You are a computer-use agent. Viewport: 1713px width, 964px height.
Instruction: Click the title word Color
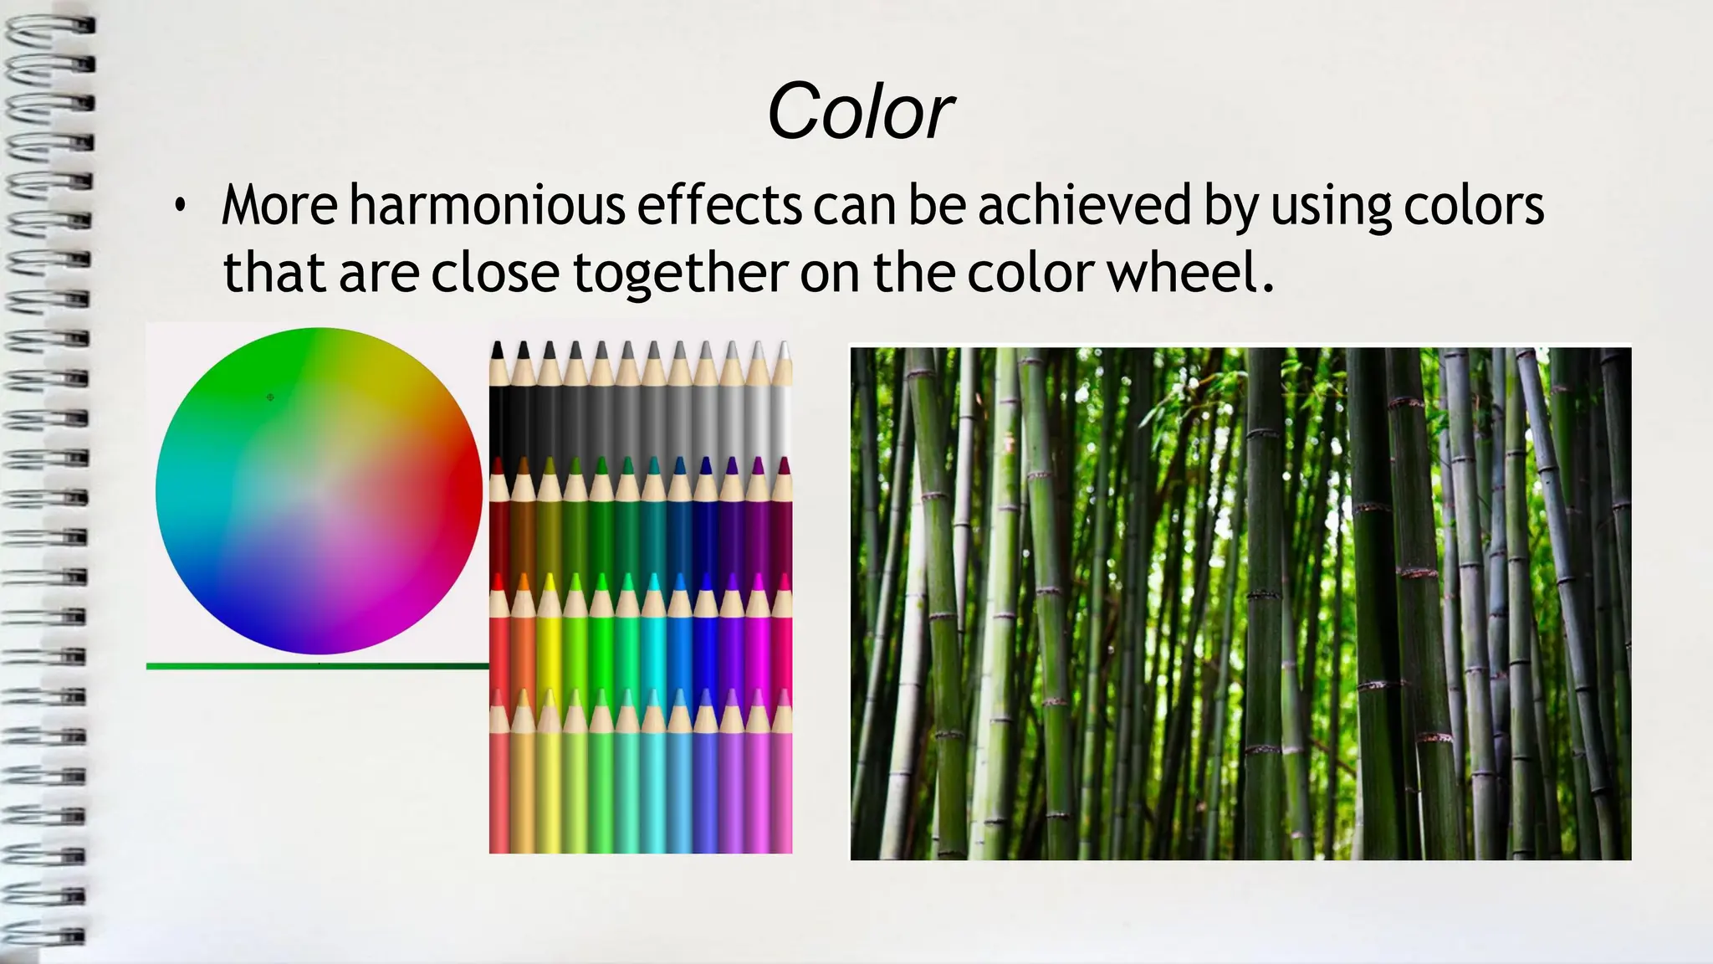pos(860,112)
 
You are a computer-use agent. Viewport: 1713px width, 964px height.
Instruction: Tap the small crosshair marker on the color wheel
pos(270,397)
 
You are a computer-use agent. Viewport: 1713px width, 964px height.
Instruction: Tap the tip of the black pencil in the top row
pos(498,350)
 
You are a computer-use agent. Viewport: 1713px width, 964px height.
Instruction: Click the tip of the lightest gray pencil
pos(783,350)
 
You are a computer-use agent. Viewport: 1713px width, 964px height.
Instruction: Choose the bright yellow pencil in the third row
pos(549,644)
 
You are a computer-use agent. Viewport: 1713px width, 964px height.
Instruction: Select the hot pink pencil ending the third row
pos(783,644)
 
